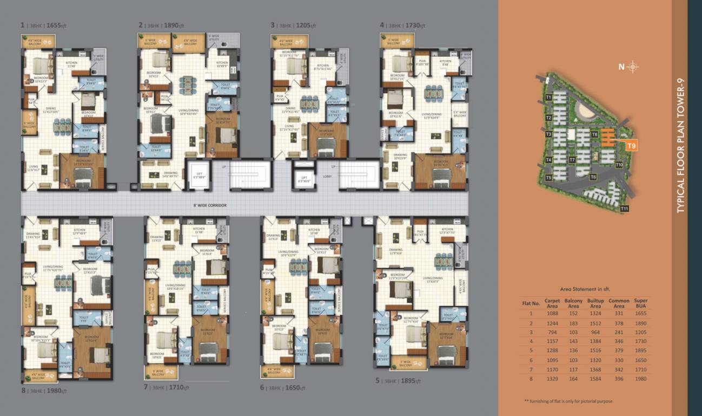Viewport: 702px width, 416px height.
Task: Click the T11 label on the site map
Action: [x=625, y=209]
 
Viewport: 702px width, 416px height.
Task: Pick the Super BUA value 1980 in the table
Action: [x=641, y=379]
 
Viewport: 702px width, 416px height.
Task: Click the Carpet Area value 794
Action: [x=552, y=331]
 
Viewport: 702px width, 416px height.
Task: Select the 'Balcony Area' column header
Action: [x=573, y=303]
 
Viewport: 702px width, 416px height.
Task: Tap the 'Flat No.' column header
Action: [x=531, y=303]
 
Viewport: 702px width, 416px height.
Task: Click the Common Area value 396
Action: [x=619, y=379]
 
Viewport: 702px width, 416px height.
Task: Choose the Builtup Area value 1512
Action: [x=595, y=322]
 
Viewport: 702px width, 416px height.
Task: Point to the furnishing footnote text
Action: [x=568, y=401]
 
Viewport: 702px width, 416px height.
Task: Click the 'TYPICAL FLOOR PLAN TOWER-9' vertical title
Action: [x=680, y=146]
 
